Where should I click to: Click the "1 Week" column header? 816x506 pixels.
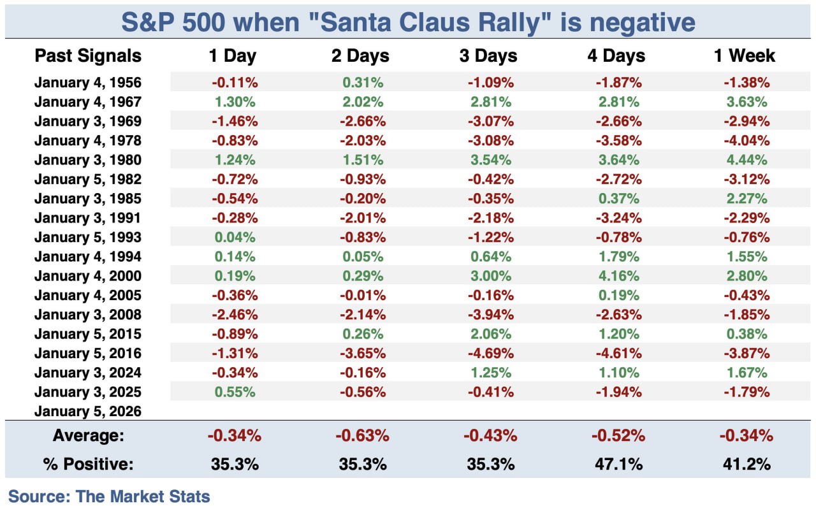(x=744, y=55)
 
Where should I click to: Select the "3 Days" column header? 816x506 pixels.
(x=488, y=55)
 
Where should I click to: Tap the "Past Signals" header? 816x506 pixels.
(x=88, y=55)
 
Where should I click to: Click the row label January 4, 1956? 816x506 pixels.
(x=88, y=82)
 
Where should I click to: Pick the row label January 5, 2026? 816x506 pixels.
(x=88, y=411)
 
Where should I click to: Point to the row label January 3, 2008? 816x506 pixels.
(x=88, y=314)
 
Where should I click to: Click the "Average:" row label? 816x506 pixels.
(x=88, y=437)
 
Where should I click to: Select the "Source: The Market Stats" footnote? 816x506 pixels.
(x=109, y=495)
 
